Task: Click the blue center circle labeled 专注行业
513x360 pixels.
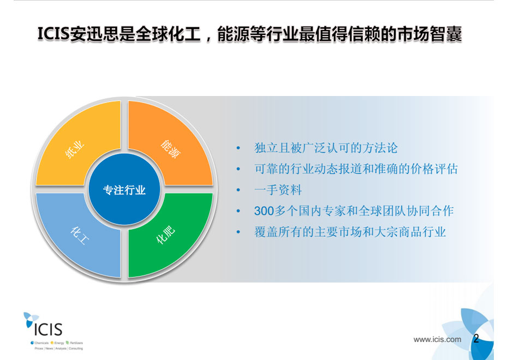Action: click(x=124, y=189)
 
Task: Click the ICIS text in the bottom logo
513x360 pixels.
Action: click(x=48, y=329)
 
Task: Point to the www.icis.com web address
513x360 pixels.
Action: click(x=437, y=339)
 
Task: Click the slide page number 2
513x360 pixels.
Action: click(x=476, y=338)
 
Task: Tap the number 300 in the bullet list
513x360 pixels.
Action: click(x=264, y=211)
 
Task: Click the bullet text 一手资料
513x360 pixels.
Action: click(x=278, y=190)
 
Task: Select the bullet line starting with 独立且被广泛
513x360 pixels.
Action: click(x=326, y=148)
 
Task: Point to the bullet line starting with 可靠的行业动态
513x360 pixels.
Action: click(x=356, y=169)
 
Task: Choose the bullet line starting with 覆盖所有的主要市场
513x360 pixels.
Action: click(x=350, y=232)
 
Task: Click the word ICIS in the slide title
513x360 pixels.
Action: click(x=53, y=34)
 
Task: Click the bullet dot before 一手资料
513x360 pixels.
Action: click(x=238, y=190)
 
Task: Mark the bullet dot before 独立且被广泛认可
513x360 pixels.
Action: click(x=238, y=148)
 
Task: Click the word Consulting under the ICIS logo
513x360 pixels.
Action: click(x=75, y=349)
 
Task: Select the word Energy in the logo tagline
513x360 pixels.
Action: click(x=59, y=343)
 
